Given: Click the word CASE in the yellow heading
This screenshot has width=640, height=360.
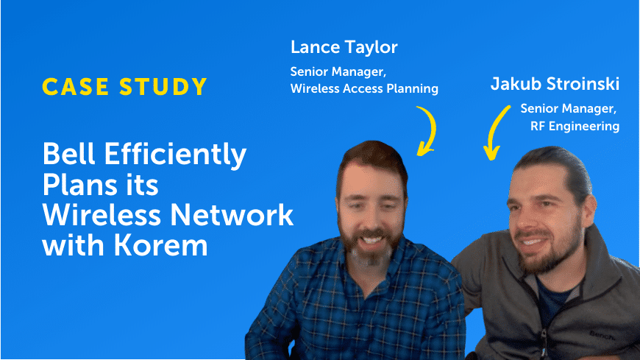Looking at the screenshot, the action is (76, 87).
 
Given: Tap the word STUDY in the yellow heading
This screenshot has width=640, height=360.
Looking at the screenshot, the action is (163, 87).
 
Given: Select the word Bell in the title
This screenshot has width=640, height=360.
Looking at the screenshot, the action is (68, 154).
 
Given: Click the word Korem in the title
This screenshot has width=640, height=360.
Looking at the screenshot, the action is (161, 245).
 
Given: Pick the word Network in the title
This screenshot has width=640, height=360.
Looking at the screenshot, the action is (232, 215).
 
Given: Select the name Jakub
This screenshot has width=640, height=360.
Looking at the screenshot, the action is (515, 84).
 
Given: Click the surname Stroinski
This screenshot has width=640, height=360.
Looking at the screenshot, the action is (583, 84).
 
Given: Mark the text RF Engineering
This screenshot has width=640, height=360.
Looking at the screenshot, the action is (575, 127).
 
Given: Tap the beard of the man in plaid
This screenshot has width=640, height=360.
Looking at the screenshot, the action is (370, 246).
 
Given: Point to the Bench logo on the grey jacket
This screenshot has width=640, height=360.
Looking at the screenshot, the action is (602, 336).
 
